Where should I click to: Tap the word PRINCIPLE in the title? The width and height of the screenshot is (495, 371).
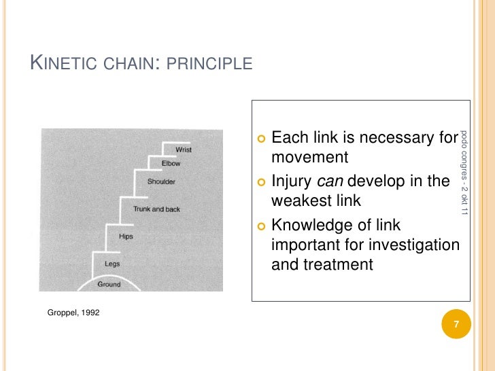pos(210,65)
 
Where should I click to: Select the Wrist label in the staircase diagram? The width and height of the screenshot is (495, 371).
pos(184,149)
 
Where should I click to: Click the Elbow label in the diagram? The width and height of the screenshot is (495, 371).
pos(171,164)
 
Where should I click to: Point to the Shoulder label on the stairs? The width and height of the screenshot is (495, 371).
pos(161,181)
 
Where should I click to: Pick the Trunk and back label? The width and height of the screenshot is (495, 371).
pos(156,209)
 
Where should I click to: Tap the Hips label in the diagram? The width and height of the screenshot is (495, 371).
pos(126,236)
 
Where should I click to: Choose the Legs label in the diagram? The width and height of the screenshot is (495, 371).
pos(112,263)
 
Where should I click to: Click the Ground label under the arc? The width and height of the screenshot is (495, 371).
pos(109,284)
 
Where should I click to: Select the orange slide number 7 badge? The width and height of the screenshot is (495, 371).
pos(456,325)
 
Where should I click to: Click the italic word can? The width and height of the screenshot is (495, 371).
pos(330,182)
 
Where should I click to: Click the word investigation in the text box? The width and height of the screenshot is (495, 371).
pos(415,245)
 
